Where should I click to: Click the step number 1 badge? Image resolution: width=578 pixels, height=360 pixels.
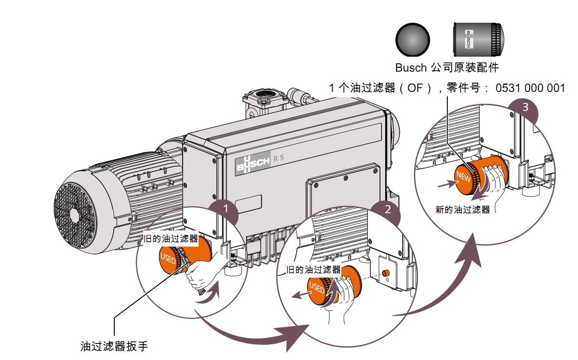225,208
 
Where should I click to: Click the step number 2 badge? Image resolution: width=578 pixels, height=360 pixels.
387,209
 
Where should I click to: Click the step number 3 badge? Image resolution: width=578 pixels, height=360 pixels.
525,107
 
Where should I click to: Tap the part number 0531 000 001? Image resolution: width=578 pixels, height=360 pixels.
530,88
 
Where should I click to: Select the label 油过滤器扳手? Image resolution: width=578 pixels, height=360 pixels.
114,346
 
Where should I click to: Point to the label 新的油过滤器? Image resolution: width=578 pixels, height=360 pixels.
462,210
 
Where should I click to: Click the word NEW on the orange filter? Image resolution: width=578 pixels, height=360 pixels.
463,177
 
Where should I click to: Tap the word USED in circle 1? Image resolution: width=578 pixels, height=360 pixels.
168,259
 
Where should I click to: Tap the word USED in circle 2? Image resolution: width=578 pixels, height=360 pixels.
317,287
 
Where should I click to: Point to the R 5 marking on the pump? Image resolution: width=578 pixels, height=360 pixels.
278,158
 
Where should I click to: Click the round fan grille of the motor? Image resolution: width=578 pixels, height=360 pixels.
75,215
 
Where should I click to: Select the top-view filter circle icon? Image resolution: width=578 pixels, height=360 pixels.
413,40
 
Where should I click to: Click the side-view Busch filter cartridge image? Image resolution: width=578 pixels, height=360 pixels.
478,39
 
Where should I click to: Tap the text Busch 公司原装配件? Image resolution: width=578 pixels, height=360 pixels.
447,67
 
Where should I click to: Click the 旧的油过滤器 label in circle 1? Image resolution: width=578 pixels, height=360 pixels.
170,239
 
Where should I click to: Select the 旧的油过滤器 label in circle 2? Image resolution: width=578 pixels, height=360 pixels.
314,270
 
